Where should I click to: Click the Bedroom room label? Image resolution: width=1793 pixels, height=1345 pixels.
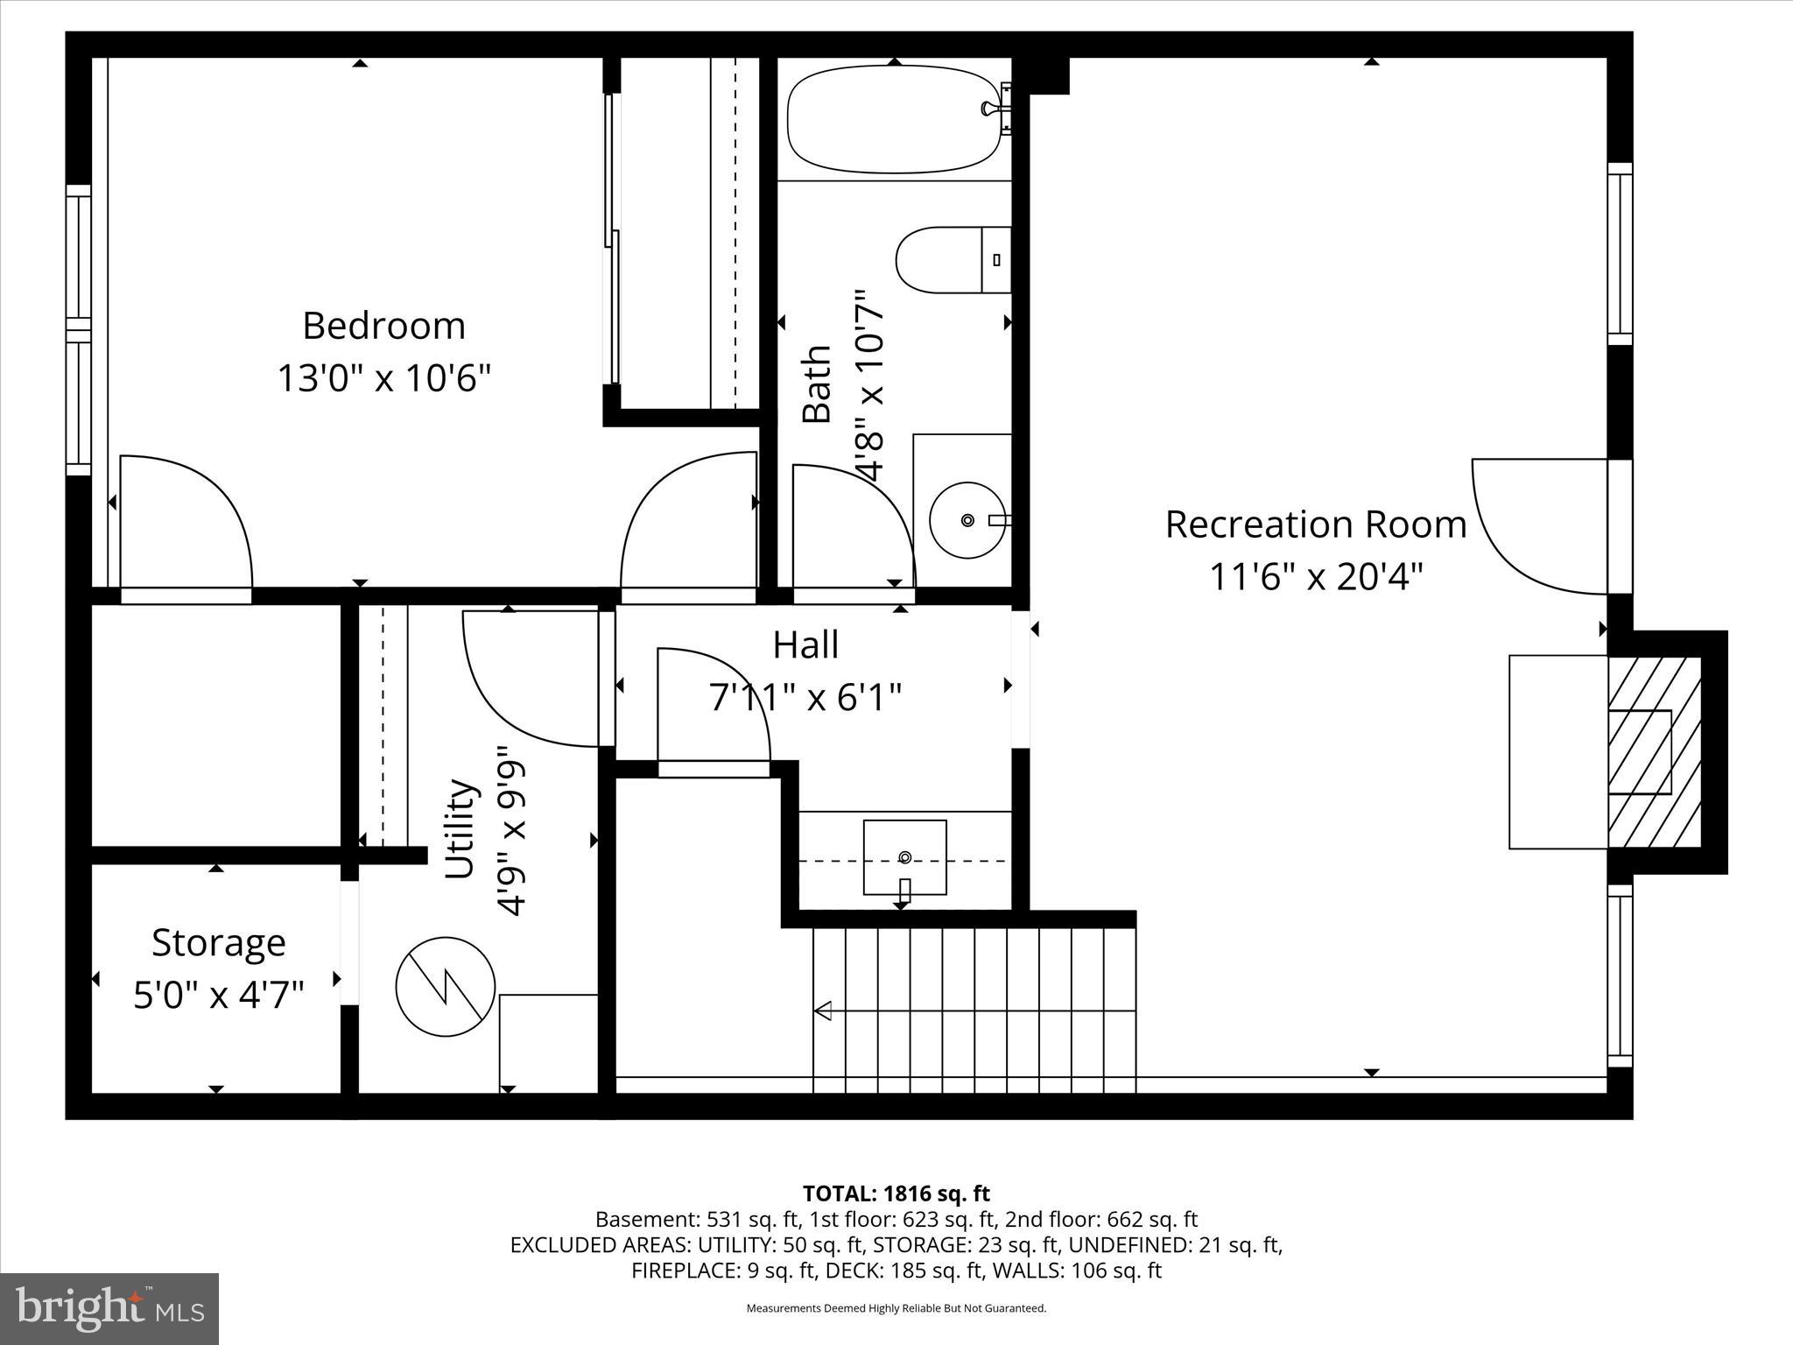(383, 326)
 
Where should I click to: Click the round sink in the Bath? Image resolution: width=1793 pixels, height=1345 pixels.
(967, 520)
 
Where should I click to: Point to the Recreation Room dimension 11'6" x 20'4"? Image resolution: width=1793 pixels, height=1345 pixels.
(1316, 577)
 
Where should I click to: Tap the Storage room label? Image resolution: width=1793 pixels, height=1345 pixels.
(218, 943)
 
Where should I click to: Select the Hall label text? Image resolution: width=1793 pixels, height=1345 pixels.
(805, 645)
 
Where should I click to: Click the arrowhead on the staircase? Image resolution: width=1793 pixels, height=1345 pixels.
(823, 1011)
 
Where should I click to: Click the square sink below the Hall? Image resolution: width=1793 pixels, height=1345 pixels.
(904, 857)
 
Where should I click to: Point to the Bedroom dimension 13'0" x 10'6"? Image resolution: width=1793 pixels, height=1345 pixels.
(383, 379)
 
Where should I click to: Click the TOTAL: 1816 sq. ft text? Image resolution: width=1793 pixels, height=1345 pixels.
(896, 1193)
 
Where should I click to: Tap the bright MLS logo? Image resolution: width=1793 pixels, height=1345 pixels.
(109, 1308)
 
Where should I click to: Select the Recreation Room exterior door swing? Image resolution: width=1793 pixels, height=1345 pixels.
(1541, 525)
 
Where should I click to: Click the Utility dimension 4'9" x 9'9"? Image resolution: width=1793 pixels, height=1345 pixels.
(511, 830)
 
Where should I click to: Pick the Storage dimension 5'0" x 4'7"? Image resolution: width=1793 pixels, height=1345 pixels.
(218, 996)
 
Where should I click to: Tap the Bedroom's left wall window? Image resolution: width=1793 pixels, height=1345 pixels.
(79, 330)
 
